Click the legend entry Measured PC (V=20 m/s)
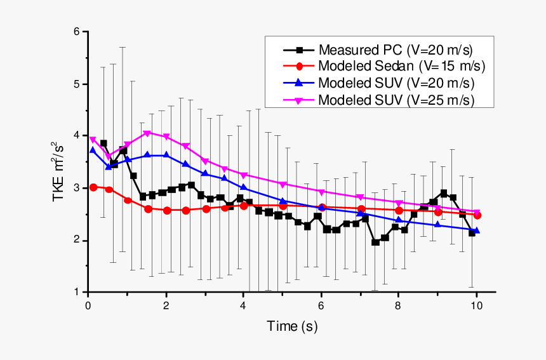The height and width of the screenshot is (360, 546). click(396, 50)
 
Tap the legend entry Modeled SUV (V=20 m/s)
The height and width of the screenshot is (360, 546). click(397, 83)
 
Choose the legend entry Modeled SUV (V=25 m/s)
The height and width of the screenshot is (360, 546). click(397, 100)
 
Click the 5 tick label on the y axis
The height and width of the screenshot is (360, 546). click(77, 84)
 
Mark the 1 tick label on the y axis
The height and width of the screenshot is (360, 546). click(77, 292)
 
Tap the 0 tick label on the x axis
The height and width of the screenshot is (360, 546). click(88, 305)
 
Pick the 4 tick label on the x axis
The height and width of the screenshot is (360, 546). click(244, 305)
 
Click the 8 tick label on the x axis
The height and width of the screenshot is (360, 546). click(399, 305)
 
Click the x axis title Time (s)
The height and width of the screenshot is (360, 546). click(291, 327)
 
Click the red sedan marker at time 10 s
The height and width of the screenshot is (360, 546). click(477, 215)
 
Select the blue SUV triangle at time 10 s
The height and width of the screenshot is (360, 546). click(477, 230)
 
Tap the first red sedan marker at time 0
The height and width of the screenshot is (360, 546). click(93, 187)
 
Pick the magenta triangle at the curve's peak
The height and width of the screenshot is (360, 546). click(147, 133)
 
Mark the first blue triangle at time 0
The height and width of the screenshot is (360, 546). click(93, 150)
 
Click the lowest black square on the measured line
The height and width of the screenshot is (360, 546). click(375, 243)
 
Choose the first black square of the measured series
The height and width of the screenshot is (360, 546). click(103, 143)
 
